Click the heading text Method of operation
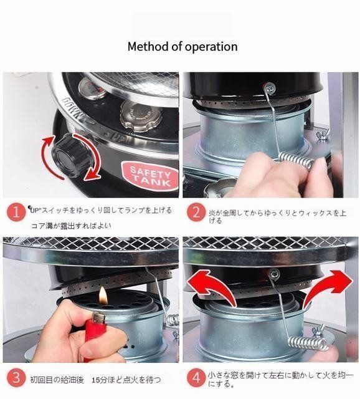tap(182, 47)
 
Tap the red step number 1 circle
tap(17, 213)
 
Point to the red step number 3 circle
tap(17, 378)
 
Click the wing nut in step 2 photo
tap(323, 134)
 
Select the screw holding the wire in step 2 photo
tap(268, 88)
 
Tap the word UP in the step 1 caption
tap(35, 211)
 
